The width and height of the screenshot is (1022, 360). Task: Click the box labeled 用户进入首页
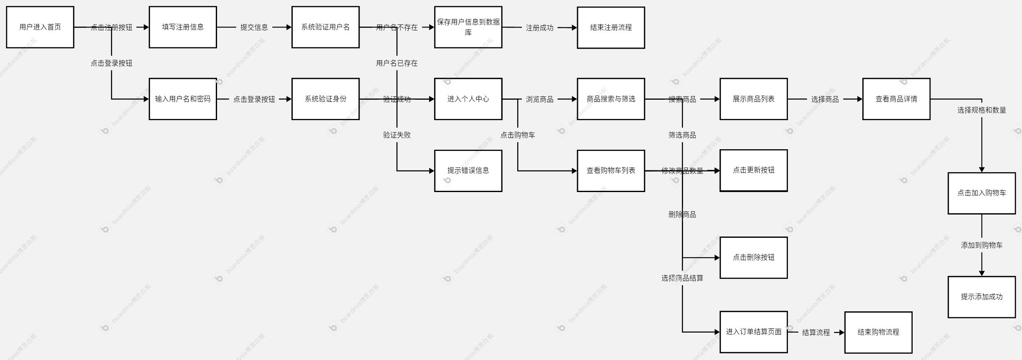40,27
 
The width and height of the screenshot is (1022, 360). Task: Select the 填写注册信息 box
183,27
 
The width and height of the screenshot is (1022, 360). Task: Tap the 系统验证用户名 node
325,27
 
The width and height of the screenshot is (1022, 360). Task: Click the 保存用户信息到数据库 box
468,27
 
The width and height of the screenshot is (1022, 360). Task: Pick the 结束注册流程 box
611,27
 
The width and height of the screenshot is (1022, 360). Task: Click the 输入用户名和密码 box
183,99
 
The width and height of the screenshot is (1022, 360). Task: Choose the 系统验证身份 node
325,99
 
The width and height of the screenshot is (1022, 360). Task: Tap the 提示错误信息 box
468,170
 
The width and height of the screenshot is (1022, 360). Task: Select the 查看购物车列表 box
611,170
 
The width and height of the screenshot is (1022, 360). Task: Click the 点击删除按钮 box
753,257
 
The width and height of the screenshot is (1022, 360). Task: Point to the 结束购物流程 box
878,332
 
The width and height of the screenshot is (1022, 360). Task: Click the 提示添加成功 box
981,297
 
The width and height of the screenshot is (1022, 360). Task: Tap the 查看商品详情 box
896,99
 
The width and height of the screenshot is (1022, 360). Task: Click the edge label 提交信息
254,27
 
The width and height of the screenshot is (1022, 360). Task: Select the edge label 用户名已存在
397,63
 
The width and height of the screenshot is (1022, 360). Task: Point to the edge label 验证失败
397,135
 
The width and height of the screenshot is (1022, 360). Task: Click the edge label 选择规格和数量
981,110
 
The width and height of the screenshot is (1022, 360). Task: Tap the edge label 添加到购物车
981,245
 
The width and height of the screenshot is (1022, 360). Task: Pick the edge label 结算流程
816,333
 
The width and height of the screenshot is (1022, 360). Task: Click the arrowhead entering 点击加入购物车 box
982,170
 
